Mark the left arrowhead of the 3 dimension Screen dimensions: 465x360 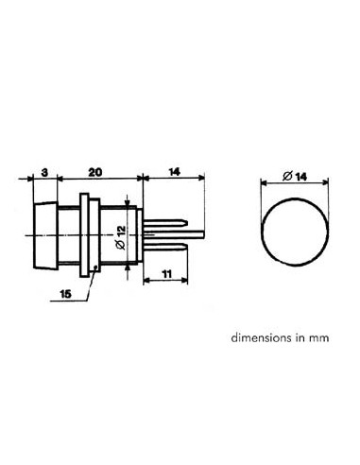click(33, 176)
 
